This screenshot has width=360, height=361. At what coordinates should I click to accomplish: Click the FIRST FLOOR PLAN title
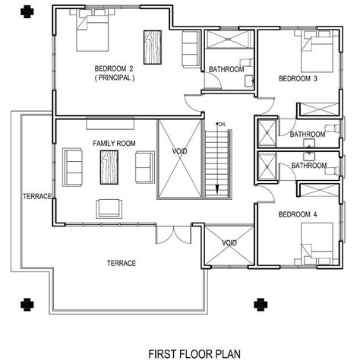pos(194,353)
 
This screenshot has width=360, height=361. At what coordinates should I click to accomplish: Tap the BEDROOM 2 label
pos(114,68)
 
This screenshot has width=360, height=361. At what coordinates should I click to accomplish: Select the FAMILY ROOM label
pos(114,144)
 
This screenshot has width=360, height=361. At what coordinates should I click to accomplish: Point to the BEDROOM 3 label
pos(298,78)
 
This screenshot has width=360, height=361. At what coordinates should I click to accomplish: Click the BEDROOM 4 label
pos(298,214)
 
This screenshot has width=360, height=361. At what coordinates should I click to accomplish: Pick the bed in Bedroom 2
pos(93,30)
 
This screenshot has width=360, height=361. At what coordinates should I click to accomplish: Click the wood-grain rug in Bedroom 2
pos(153,47)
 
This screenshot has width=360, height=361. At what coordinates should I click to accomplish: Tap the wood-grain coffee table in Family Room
pos(109,167)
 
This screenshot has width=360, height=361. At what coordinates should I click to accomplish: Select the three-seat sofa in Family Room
pos(73,167)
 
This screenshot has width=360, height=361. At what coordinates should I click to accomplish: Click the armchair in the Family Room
pos(109,209)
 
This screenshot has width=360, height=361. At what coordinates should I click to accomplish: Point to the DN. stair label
pos(223,125)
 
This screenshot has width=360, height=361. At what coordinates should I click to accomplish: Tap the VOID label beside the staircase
pos(180,151)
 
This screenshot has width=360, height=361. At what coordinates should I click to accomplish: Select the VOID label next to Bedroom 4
pos(229,243)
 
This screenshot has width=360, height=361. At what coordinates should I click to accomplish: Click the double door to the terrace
pos(173,234)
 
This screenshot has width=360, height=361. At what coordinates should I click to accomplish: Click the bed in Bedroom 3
pos(317,52)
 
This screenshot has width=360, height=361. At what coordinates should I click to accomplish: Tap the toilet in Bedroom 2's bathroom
pos(247,62)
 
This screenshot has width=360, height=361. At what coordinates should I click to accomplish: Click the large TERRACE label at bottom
pos(122,263)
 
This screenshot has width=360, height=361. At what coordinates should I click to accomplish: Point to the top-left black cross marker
pos(27,11)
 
